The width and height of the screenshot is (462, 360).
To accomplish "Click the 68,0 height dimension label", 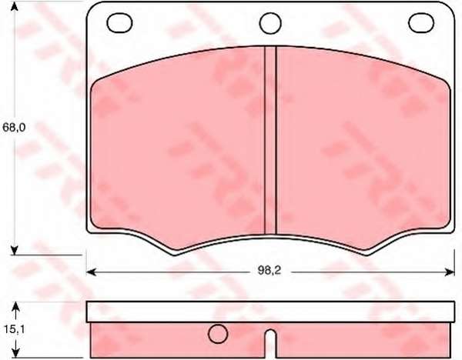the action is tap(14, 128).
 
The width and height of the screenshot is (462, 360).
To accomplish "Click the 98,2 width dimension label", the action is tap(269, 271).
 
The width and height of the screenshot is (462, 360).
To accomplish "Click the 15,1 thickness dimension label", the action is tap(15, 329).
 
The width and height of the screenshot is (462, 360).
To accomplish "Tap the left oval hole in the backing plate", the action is tap(119, 22).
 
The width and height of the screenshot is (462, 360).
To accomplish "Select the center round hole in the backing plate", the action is tap(270, 22).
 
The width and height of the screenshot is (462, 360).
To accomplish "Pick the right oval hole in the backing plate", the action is tap(421, 22).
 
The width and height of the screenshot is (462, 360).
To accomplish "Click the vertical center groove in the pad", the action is tap(270, 140).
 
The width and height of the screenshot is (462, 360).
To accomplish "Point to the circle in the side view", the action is tap(218, 334).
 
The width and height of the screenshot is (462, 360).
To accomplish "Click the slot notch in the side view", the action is tap(270, 344).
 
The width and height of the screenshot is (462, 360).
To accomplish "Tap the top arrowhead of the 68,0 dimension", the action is tap(14, 6).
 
